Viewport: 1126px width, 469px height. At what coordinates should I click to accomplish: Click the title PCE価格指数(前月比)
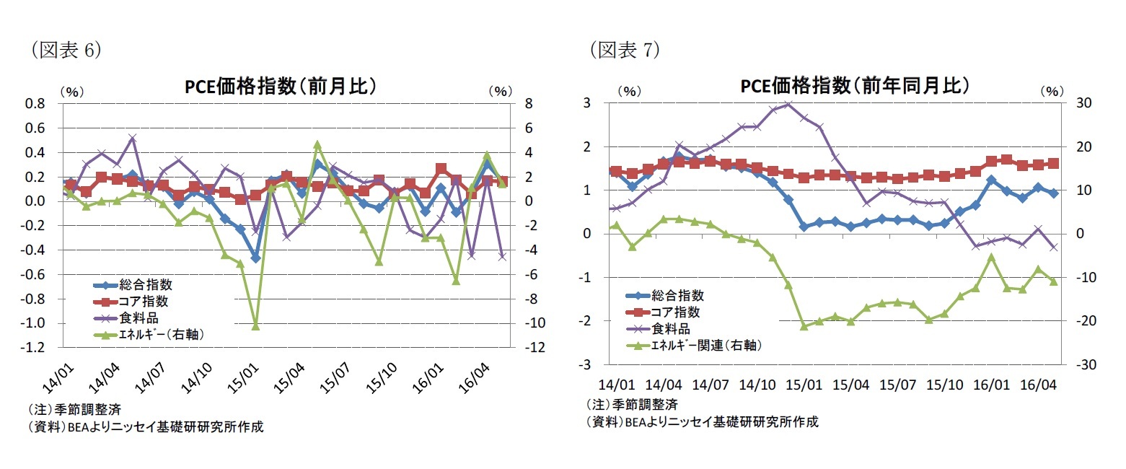pyautogui.click(x=281, y=87)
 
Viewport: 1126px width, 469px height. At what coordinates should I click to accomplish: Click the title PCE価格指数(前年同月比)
pyautogui.click(x=855, y=86)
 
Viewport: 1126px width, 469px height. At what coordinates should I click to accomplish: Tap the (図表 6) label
pyautogui.click(x=65, y=49)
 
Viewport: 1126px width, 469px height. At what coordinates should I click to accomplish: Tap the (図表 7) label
pyautogui.click(x=625, y=49)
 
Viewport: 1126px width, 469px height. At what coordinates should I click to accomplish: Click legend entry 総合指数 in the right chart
pyautogui.click(x=677, y=294)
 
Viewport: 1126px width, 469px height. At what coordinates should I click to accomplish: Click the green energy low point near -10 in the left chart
pyautogui.click(x=255, y=326)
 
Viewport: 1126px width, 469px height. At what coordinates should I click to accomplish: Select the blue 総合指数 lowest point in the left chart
pyautogui.click(x=255, y=258)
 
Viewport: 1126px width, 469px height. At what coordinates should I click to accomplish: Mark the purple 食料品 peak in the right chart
pyautogui.click(x=788, y=105)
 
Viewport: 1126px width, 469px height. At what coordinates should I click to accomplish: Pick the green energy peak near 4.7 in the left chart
pyautogui.click(x=317, y=144)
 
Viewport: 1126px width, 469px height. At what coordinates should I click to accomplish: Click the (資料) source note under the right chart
pyautogui.click(x=703, y=422)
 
